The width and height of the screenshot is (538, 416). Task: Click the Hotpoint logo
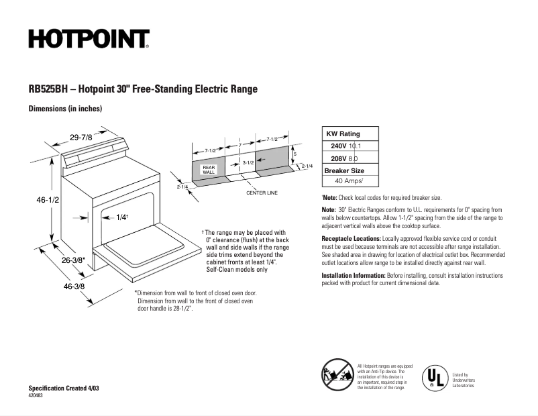[x=89, y=39]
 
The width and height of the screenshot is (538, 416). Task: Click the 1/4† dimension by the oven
[x=121, y=217]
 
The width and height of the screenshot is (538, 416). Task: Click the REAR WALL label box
[x=209, y=170]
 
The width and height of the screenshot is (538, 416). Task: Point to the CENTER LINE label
[x=262, y=193]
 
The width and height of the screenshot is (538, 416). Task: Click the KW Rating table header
[x=343, y=134]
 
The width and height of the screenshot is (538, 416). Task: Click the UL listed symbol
[x=434, y=377]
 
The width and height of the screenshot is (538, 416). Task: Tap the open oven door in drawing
[x=148, y=248]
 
